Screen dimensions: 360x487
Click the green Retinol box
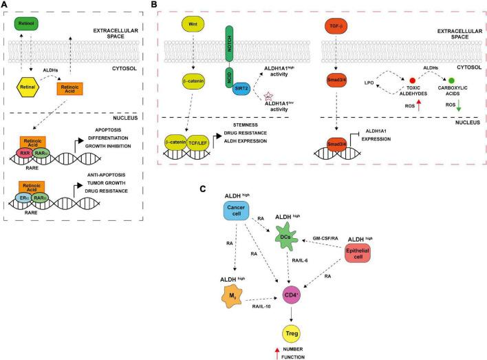click(x=25, y=25)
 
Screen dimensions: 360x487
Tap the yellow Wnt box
click(x=191, y=25)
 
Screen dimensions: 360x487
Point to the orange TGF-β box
click(x=335, y=26)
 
